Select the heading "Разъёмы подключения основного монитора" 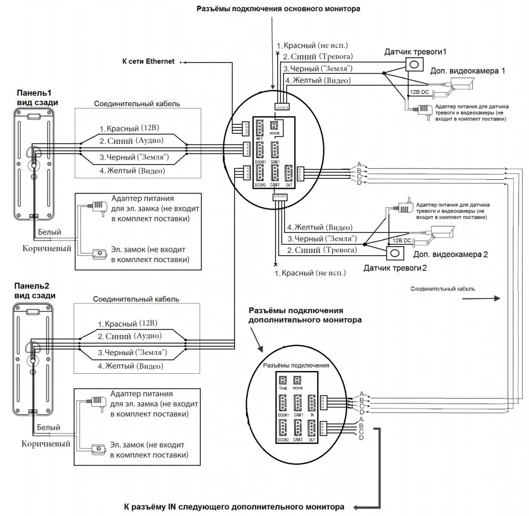click(278, 9)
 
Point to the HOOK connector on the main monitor click(275, 126)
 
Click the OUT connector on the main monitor click(289, 173)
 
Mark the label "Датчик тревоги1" click(415, 52)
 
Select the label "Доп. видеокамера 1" click(468, 71)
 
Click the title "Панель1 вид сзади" click(37, 97)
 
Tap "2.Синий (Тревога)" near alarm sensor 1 click(318, 56)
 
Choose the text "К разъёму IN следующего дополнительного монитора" click(234, 506)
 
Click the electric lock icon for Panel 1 click(99, 254)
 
